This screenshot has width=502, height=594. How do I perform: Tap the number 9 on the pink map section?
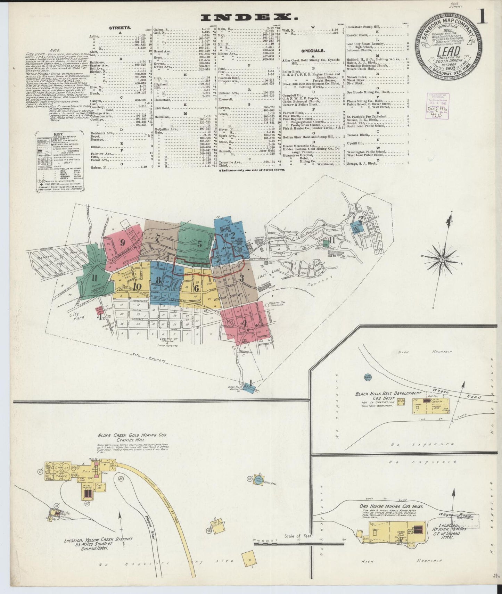pos(122,243)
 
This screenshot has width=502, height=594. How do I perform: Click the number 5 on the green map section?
pos(199,244)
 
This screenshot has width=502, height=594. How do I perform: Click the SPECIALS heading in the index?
pos(313,51)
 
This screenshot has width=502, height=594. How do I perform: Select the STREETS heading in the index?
pos(120,27)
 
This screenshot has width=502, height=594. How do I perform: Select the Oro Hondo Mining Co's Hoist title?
pos(391,507)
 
